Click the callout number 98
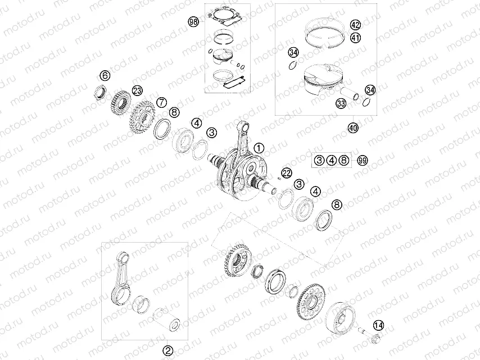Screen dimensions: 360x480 194,22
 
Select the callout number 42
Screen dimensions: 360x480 355,25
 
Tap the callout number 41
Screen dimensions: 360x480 355,38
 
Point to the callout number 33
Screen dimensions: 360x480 341,103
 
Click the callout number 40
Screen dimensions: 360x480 352,128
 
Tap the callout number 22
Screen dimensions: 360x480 287,172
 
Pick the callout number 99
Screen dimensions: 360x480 363,161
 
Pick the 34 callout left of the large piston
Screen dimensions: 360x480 292,53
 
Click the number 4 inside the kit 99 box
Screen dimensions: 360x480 332,161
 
